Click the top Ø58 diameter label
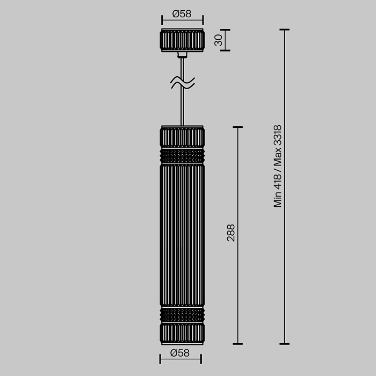click(x=183, y=14)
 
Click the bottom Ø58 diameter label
click(x=180, y=352)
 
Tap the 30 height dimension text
click(x=218, y=40)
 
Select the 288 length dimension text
click(x=230, y=233)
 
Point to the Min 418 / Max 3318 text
click(x=278, y=167)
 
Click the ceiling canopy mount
click(x=183, y=41)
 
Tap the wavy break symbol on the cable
click(x=183, y=82)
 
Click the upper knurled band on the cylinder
click(x=182, y=156)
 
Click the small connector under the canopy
click(x=183, y=54)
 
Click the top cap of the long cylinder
click(x=182, y=137)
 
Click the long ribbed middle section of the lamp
click(x=182, y=236)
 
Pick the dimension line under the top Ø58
click(x=183, y=23)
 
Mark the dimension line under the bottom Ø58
click(x=180, y=361)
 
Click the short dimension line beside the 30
click(x=225, y=40)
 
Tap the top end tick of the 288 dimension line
click(x=237, y=127)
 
